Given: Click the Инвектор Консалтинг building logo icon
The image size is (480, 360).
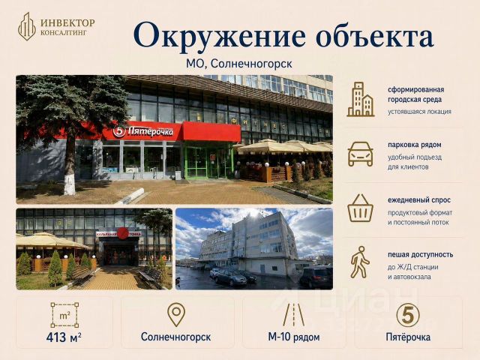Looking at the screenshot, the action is (x=27, y=27).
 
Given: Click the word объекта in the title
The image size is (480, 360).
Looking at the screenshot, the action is (x=375, y=35).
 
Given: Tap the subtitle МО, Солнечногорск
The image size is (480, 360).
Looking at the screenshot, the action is (x=239, y=64).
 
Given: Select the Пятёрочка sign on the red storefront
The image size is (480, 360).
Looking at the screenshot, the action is (x=143, y=131).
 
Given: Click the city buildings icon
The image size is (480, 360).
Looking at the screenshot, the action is (x=361, y=99).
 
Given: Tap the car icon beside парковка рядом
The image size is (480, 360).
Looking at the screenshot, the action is (x=360, y=154).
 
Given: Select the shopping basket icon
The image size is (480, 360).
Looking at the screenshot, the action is (x=360, y=208).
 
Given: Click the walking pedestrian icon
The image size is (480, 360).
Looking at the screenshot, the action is (x=360, y=262).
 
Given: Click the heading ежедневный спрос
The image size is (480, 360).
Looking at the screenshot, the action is (x=419, y=200).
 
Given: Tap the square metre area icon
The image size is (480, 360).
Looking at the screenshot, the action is (x=64, y=315).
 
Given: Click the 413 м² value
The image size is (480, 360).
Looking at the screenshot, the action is (x=64, y=337).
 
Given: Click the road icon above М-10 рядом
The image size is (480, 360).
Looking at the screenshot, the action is (x=293, y=315).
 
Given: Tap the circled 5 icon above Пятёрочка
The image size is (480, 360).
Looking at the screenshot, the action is (x=408, y=315).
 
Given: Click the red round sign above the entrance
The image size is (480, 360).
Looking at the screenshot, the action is (x=123, y=234).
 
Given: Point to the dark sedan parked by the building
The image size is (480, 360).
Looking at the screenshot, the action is (x=230, y=277).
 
